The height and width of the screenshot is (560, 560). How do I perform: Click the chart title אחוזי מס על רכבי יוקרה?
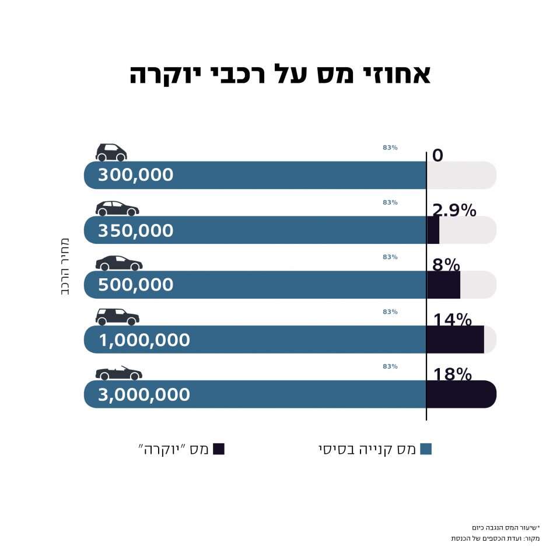[x=280, y=75]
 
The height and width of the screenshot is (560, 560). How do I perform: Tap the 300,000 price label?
[x=135, y=175]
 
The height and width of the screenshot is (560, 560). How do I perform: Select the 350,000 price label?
[x=135, y=230]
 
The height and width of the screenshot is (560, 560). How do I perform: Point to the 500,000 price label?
[x=135, y=285]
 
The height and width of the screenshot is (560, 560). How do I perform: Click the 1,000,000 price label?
[x=144, y=339]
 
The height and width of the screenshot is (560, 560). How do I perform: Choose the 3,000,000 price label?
[x=144, y=394]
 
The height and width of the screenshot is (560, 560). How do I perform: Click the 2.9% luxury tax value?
[x=454, y=210]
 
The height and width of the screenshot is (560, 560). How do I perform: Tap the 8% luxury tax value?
[x=446, y=264]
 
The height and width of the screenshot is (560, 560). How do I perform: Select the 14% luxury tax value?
[x=452, y=320]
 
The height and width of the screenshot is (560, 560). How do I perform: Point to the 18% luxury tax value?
[x=452, y=374]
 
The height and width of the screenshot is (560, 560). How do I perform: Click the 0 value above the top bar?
[x=437, y=155]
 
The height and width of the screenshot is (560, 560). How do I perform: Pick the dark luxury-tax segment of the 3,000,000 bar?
[x=461, y=394]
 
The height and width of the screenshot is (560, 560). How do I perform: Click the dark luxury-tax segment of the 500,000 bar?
[x=443, y=285]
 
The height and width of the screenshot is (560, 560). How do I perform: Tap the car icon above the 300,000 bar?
[x=111, y=152]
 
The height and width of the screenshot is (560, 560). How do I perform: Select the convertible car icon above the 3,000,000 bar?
[x=118, y=373]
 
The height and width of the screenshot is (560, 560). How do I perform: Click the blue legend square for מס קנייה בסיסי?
[x=426, y=449]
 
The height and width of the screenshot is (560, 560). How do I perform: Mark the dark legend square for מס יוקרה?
[x=219, y=449]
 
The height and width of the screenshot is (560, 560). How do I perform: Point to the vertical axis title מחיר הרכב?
[x=65, y=266]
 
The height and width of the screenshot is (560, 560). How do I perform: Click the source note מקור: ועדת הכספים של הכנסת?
[x=495, y=538]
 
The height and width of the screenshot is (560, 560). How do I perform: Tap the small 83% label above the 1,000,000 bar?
[x=390, y=312]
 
